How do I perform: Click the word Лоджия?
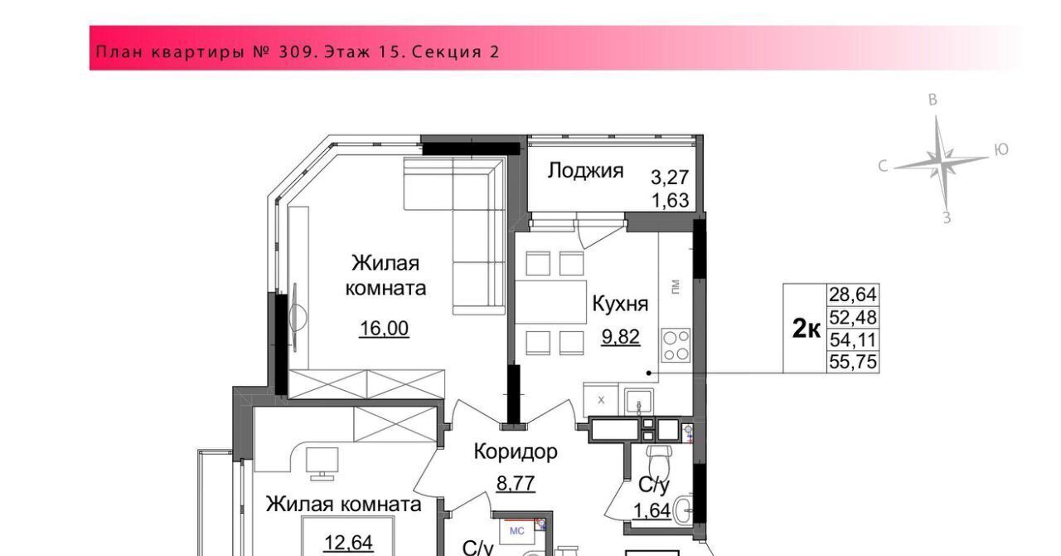click(x=585, y=170)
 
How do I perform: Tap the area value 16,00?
click(x=384, y=328)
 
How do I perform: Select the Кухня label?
click(x=620, y=304)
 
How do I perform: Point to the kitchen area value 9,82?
click(x=621, y=337)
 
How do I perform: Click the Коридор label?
click(x=516, y=451)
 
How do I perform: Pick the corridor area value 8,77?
click(x=516, y=484)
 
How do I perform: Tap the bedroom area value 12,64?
click(x=349, y=542)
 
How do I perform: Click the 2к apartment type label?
click(x=807, y=329)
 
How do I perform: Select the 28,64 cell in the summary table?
click(x=853, y=295)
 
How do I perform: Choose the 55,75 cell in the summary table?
click(x=853, y=362)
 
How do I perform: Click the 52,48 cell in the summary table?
click(x=853, y=317)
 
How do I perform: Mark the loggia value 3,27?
click(x=670, y=178)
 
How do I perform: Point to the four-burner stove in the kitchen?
click(x=676, y=345)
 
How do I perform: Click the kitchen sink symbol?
click(x=639, y=402)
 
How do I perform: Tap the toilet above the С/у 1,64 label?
click(x=659, y=462)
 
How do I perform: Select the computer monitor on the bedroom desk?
click(x=322, y=462)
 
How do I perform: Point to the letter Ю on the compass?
click(x=1000, y=150)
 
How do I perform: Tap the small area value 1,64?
click(x=652, y=511)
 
